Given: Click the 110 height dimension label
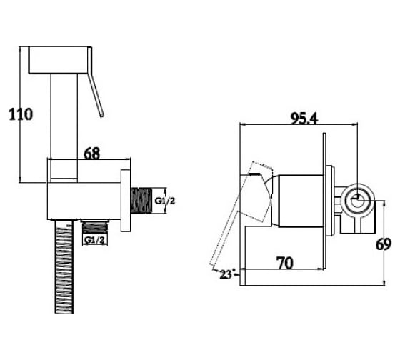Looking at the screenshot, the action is (21, 114).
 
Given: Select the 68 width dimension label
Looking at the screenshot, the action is (92, 154).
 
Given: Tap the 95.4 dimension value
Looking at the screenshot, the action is (304, 119).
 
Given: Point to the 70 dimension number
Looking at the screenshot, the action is (285, 263).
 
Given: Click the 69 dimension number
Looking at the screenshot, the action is (383, 244).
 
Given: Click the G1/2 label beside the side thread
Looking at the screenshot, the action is (165, 201).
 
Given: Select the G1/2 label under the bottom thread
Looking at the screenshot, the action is (94, 240).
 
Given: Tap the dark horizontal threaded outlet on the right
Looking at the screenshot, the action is (141, 201).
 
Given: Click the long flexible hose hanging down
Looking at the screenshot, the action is (64, 266).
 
